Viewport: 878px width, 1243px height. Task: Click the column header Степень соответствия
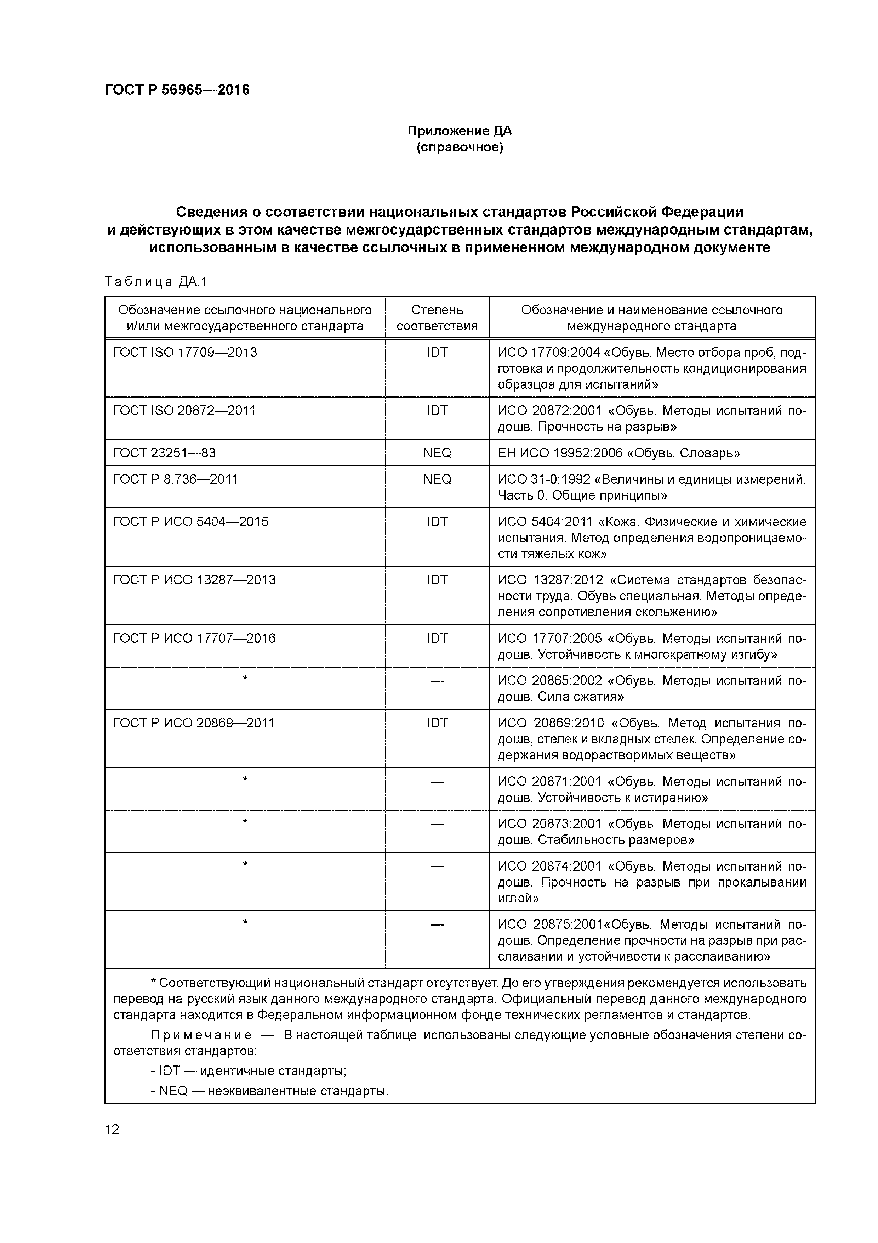(437, 318)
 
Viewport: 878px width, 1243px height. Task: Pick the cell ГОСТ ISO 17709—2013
(185, 353)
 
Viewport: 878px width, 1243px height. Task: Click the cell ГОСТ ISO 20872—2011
(184, 410)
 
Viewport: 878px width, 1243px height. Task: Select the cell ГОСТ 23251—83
(165, 452)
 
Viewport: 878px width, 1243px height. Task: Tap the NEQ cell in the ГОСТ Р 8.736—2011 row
(437, 479)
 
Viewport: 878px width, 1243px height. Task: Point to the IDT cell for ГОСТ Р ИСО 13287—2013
(437, 580)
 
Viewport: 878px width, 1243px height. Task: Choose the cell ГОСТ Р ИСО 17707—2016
(194, 638)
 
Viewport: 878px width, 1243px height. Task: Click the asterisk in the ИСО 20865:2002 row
(245, 679)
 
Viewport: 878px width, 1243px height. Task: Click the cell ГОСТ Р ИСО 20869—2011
(194, 723)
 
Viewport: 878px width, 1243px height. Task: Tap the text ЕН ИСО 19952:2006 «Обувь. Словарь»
(618, 452)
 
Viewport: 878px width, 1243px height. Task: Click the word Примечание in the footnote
(201, 1035)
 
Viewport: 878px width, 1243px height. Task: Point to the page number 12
(112, 1129)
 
